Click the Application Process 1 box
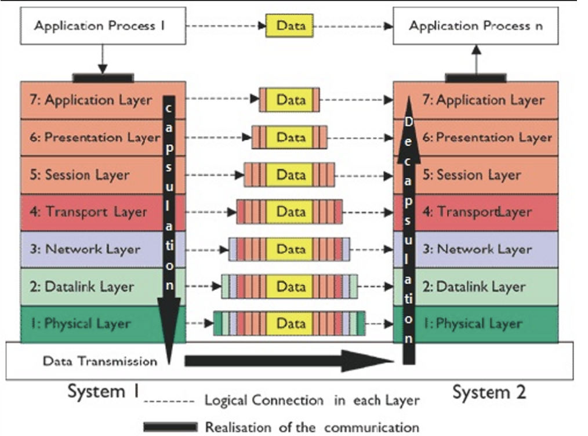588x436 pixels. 103,26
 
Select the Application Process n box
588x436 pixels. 476,26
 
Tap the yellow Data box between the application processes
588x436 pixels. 289,26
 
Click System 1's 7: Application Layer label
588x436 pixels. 91,100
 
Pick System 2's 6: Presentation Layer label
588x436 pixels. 487,137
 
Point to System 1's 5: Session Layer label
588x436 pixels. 79,175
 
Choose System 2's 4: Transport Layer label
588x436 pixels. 477,212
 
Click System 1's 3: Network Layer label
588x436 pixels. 85,249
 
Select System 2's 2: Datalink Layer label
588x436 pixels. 474,287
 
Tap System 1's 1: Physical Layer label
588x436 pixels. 81,324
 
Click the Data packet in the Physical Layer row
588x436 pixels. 289,323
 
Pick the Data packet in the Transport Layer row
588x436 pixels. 289,212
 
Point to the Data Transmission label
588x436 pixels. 100,361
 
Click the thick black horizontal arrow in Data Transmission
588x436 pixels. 289,361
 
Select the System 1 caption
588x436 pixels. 103,391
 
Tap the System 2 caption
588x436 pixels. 489,392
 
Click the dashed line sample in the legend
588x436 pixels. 169,402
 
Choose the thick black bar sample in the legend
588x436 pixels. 170,427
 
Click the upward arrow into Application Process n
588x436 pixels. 476,59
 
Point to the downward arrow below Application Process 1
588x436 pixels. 103,59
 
